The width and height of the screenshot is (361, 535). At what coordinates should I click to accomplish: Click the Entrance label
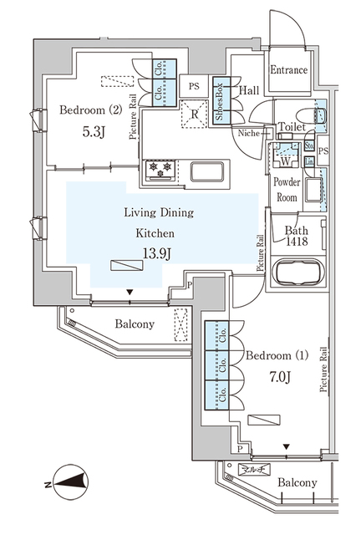(288, 70)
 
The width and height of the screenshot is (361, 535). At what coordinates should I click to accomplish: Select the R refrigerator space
(194, 115)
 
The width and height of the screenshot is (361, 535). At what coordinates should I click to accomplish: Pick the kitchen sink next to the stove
(206, 171)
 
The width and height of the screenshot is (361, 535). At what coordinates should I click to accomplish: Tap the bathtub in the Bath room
(292, 275)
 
